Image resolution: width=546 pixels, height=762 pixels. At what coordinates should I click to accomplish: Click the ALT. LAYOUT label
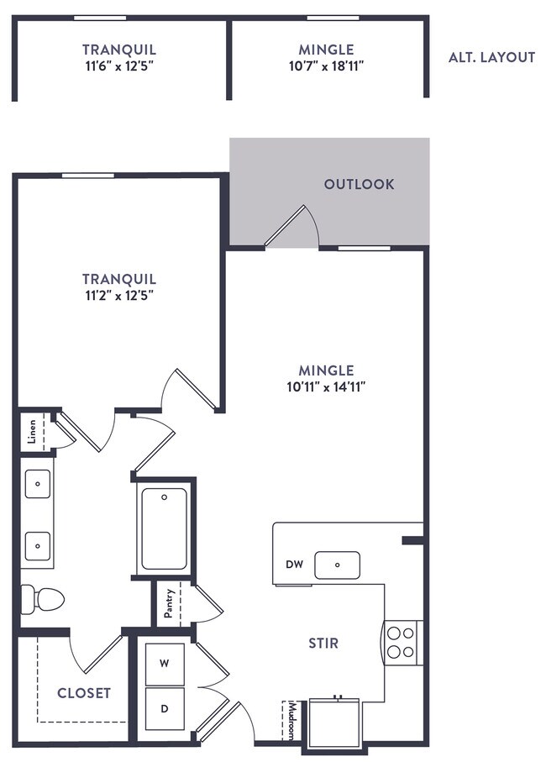[x=491, y=57]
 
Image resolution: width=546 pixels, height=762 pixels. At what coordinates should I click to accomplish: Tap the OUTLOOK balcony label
[x=359, y=184]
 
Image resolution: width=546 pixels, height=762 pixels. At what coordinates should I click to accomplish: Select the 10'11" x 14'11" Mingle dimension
[x=326, y=387]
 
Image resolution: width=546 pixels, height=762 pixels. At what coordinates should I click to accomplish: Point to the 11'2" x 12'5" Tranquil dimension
[x=119, y=296]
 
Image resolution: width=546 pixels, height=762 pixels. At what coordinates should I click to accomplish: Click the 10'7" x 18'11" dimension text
[x=327, y=66]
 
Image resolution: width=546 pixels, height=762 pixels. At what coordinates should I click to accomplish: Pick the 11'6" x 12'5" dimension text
[x=119, y=66]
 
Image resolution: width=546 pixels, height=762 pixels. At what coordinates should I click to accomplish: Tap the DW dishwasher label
[x=294, y=565]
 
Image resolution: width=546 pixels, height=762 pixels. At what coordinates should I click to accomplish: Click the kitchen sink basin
[x=337, y=565]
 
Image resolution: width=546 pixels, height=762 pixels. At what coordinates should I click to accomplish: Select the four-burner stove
[x=402, y=643]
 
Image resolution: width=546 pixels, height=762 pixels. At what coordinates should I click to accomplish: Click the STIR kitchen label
[x=323, y=644]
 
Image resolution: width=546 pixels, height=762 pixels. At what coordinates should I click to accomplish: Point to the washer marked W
[x=165, y=664]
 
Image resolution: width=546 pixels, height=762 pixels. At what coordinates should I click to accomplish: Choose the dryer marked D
[x=165, y=708]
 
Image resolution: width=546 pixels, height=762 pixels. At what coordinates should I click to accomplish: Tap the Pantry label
[x=168, y=603]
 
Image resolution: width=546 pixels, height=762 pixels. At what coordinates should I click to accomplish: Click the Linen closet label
[x=32, y=431]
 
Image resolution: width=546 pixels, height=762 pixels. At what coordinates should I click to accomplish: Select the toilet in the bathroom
[x=42, y=599]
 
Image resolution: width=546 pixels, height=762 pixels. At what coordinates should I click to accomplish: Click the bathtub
[x=164, y=528]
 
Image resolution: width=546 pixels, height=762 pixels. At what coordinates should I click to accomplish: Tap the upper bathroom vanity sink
[x=38, y=484]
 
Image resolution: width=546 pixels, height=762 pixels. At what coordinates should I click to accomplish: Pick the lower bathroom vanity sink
[x=38, y=546]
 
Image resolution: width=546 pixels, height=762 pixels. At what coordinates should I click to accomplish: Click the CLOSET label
[x=84, y=693]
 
